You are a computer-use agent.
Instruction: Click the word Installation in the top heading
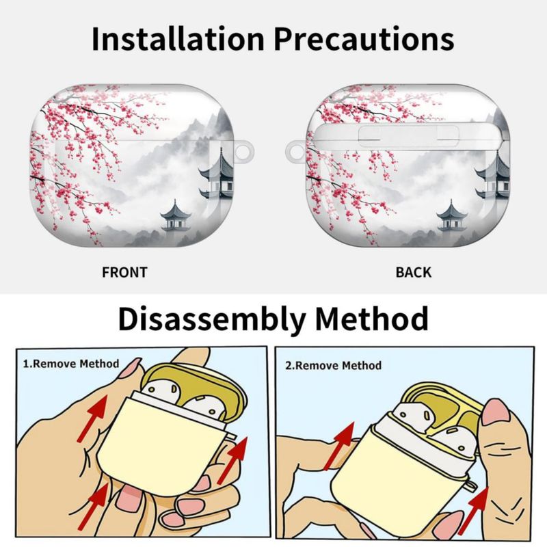click(x=178, y=39)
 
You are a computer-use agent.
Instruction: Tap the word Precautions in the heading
click(x=364, y=39)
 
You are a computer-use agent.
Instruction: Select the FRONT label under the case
click(x=124, y=272)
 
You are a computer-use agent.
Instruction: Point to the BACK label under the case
click(x=414, y=272)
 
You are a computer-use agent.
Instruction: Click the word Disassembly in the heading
click(x=212, y=320)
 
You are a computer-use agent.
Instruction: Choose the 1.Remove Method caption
click(x=71, y=364)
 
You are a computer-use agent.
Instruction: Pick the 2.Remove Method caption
click(x=334, y=366)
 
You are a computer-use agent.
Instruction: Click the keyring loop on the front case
click(x=245, y=152)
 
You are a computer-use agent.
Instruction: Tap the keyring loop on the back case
click(x=295, y=152)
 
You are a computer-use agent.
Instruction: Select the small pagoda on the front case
click(x=176, y=216)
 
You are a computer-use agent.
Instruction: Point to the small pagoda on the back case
click(x=452, y=216)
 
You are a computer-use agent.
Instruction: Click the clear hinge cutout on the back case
click(x=408, y=135)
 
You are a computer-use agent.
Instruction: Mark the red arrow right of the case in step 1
click(x=232, y=460)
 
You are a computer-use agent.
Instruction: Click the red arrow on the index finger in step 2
click(x=339, y=446)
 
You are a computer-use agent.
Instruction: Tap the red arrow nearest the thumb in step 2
click(x=473, y=510)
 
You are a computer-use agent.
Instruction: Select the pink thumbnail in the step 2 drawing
click(x=495, y=412)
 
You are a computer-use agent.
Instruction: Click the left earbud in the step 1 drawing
click(x=161, y=390)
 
